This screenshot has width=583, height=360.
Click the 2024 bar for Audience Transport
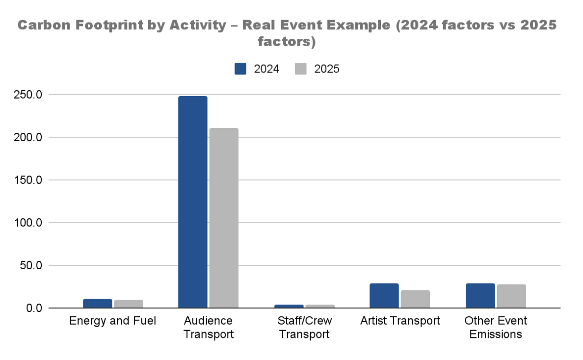(192, 202)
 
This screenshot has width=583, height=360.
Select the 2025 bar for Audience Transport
(224, 218)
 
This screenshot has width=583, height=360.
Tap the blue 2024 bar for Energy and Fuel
(98, 303)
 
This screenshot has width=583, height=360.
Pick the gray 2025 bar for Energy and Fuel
(129, 304)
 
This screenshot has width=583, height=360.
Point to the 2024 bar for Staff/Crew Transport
(289, 306)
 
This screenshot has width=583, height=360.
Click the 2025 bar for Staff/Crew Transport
(320, 306)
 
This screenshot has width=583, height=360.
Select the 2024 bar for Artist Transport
(384, 296)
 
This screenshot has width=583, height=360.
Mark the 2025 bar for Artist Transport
(415, 299)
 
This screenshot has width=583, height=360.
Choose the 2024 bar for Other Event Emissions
(480, 296)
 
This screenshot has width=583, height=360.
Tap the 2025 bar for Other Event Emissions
(512, 296)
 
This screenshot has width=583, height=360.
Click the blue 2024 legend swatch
(240, 69)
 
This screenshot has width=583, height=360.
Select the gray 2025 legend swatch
(301, 69)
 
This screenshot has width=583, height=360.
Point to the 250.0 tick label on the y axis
(28, 95)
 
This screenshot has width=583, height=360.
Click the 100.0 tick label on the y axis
(28, 223)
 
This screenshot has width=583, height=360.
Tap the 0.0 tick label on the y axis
(34, 308)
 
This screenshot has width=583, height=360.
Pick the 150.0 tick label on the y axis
(28, 180)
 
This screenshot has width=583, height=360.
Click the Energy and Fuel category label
(113, 321)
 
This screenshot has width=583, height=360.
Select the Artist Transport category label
(400, 321)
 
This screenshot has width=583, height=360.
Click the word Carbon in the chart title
(44, 26)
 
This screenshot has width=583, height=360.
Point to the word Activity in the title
(198, 26)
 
